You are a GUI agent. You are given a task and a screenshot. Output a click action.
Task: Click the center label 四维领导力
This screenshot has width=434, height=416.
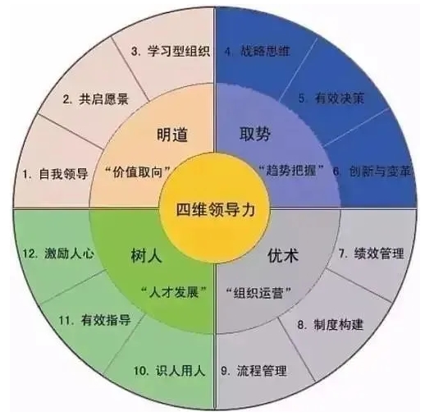pos(216,209)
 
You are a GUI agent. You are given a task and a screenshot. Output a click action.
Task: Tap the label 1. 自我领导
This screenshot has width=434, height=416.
pos(55,174)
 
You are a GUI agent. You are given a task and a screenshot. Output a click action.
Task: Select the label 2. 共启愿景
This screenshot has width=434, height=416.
pos(96,98)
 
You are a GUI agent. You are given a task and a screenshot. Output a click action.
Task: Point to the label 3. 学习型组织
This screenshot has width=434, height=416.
pos(171,51)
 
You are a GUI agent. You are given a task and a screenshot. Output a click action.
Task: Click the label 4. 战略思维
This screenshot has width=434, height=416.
pos(258,51)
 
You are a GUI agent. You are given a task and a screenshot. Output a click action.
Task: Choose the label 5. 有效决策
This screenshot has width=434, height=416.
pos(331,98)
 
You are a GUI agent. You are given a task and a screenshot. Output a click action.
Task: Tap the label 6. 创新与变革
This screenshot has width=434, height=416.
pos(372,171)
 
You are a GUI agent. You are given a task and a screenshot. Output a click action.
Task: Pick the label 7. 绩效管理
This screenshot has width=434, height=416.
pos(372,253)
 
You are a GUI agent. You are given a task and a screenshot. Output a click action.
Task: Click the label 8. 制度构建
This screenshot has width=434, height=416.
pos(330,324)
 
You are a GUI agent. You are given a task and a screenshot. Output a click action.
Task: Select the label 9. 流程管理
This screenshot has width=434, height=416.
pos(254,371)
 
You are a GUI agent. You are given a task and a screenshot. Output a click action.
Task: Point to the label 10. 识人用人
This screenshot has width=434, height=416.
pos(169,371)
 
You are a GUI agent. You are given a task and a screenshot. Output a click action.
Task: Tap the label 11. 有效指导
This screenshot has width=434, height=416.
pos(94,320)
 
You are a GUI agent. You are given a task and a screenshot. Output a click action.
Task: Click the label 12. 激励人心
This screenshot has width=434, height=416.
pos(58,254)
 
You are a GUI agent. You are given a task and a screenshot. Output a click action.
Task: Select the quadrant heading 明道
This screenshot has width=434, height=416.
pos(172,135)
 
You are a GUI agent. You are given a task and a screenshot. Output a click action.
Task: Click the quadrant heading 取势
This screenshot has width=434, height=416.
pos(255,135)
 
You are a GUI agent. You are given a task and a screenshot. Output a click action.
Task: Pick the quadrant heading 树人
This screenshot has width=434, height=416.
pos(146,255)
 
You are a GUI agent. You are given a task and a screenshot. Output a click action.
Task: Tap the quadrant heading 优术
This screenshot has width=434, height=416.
pos(283,255)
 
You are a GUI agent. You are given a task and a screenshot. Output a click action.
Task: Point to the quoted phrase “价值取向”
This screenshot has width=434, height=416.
pos(138,172)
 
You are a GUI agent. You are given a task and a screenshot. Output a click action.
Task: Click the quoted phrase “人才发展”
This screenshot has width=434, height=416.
pos(174,292)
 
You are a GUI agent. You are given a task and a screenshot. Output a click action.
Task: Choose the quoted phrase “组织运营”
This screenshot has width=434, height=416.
pos(258,292)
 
